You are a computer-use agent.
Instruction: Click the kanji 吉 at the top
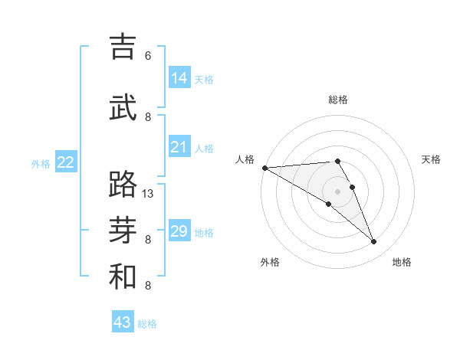point(123,47)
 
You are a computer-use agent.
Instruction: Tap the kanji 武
point(123,107)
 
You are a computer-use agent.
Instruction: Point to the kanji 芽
point(123,231)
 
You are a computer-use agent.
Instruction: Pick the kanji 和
point(123,277)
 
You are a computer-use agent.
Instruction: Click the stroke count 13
point(148,194)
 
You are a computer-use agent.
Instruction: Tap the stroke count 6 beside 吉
point(148,56)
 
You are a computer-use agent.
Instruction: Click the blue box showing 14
point(179,77)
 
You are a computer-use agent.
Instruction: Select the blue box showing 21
point(179,147)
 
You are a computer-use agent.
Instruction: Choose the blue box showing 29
point(179,231)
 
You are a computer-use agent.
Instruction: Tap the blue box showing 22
point(66,162)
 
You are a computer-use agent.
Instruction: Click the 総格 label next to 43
point(148,324)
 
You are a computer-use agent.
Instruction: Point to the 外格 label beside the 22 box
point(41,163)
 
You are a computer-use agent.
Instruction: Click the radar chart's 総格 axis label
point(338,100)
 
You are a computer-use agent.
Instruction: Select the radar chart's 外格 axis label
point(270,263)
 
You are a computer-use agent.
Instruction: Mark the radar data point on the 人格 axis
point(264,168)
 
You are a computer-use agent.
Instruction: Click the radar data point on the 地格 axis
point(374,242)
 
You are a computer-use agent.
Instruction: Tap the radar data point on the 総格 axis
point(338,161)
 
